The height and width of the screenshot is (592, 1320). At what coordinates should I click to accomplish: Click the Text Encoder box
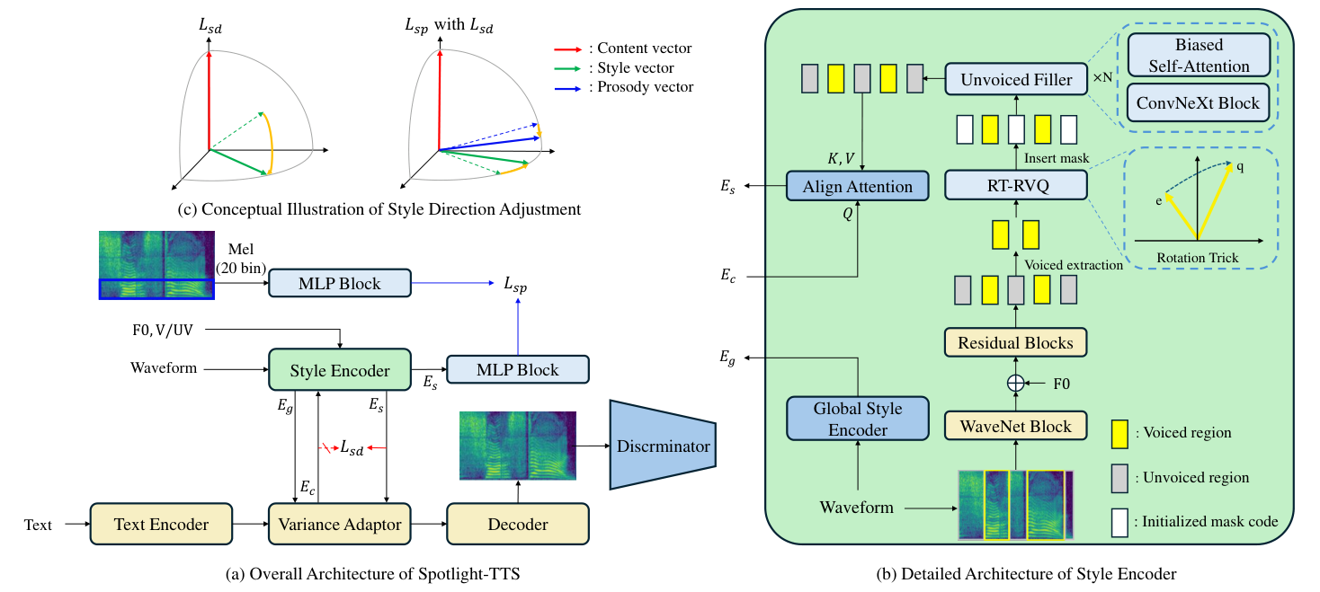(x=161, y=525)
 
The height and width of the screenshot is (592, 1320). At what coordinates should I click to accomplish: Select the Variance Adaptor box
(x=340, y=525)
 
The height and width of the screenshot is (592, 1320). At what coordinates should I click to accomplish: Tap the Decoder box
(x=518, y=525)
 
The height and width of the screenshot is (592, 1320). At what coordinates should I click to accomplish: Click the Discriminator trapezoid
(x=662, y=446)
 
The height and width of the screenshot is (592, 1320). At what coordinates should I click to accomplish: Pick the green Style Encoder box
(x=339, y=369)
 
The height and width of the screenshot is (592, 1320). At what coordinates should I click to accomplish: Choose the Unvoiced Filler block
(x=1016, y=80)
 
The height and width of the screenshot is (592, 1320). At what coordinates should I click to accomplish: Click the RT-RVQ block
(x=1016, y=185)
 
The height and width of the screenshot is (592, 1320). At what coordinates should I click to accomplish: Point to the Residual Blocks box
(x=1015, y=342)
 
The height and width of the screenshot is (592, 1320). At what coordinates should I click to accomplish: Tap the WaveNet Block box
(x=1016, y=426)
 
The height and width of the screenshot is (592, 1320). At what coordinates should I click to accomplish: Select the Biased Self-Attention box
(x=1199, y=56)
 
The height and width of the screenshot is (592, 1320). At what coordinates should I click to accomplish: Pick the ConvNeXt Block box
(x=1199, y=102)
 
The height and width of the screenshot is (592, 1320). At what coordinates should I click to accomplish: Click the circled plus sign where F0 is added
(x=1016, y=384)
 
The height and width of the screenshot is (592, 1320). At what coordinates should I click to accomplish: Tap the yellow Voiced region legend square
(x=1120, y=433)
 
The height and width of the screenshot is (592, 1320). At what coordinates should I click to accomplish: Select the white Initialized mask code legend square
(x=1120, y=521)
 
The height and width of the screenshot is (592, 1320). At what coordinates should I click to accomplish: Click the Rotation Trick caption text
(x=1197, y=258)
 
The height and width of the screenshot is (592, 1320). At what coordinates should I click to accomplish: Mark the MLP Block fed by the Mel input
(x=339, y=284)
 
